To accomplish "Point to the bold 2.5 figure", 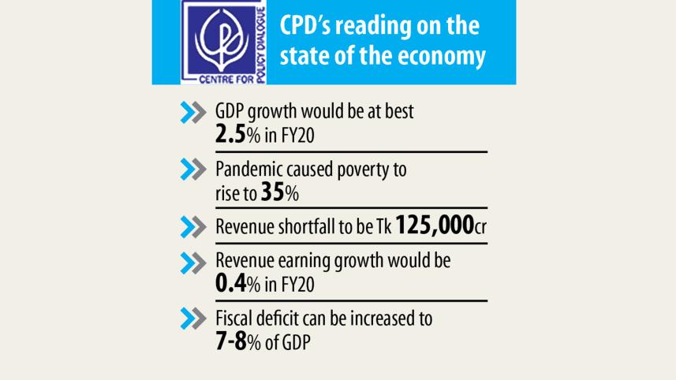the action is pos(230,135).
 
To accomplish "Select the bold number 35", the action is pos(273,192).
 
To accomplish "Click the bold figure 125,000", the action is pos(435,225).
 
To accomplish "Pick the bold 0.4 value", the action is pos(231,284).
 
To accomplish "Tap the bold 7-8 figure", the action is pos(231,341).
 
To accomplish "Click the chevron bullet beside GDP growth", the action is pos(193,113).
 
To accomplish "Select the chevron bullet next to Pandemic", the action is pos(193,170).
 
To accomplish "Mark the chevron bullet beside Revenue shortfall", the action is pos(193,227).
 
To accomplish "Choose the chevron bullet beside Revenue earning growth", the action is pos(193,263).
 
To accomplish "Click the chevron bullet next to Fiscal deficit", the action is pos(193,319).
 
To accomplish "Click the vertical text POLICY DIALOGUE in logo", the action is pos(260,45).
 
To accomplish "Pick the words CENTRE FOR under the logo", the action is pos(226,80).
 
